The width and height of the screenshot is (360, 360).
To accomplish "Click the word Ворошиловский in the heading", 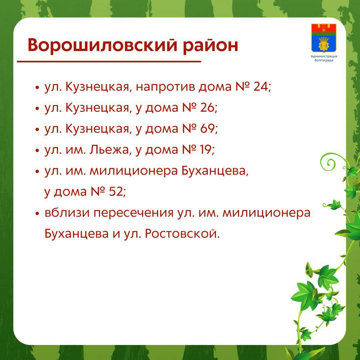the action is [103, 45].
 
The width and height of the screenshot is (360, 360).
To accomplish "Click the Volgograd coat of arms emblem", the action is [324, 38].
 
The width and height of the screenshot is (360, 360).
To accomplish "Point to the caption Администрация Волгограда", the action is [324, 58].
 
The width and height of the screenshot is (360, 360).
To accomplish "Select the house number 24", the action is [261, 87].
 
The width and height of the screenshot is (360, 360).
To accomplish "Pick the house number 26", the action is [207, 107].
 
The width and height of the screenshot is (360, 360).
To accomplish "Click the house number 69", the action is [208, 128].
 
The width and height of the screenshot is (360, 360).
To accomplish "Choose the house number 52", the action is [116, 191].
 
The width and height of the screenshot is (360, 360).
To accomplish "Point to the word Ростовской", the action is [181, 233].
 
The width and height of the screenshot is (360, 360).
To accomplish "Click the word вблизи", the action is [67, 212].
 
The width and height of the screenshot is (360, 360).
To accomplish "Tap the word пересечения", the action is [133, 213].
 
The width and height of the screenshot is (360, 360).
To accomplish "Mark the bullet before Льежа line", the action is [37, 151].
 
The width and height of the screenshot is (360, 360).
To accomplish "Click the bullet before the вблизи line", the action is [37, 214].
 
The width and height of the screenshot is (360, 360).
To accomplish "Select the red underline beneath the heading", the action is [109, 62].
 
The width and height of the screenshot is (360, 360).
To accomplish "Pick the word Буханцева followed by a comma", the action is [215, 171].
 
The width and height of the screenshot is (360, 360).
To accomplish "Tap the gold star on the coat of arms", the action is [324, 30].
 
